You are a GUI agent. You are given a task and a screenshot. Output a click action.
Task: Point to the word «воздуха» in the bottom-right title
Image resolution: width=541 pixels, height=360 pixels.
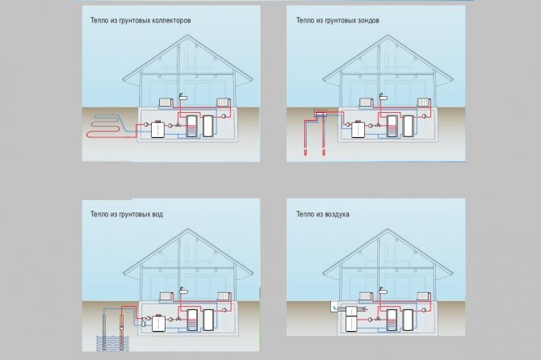coord(354,214)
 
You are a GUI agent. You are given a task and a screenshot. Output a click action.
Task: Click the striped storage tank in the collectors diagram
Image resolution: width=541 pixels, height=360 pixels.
coord(192,128)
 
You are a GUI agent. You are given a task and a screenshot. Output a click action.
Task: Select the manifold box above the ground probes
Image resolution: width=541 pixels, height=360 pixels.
coord(321,115)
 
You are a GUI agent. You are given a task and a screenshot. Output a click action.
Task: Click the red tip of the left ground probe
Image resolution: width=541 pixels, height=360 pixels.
coord(306,152)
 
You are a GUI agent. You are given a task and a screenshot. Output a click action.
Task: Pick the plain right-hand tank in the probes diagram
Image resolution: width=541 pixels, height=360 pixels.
coord(408,128)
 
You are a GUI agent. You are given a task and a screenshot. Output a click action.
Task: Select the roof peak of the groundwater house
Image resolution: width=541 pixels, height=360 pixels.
coord(192,237)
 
